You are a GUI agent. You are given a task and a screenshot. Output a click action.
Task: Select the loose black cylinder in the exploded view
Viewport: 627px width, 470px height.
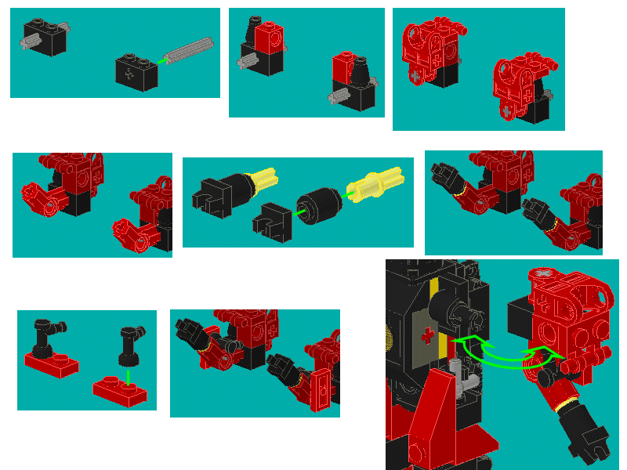tap(319, 203)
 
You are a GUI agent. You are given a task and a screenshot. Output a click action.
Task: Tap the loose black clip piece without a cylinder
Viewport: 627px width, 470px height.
tap(271, 219)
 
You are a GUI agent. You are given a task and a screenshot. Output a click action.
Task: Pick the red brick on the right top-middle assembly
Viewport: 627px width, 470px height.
tap(342, 67)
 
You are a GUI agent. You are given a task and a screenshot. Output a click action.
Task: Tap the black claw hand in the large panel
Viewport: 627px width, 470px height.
tap(589, 439)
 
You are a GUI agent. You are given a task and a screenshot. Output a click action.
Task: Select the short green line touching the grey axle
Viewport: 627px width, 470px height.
tap(162, 60)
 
